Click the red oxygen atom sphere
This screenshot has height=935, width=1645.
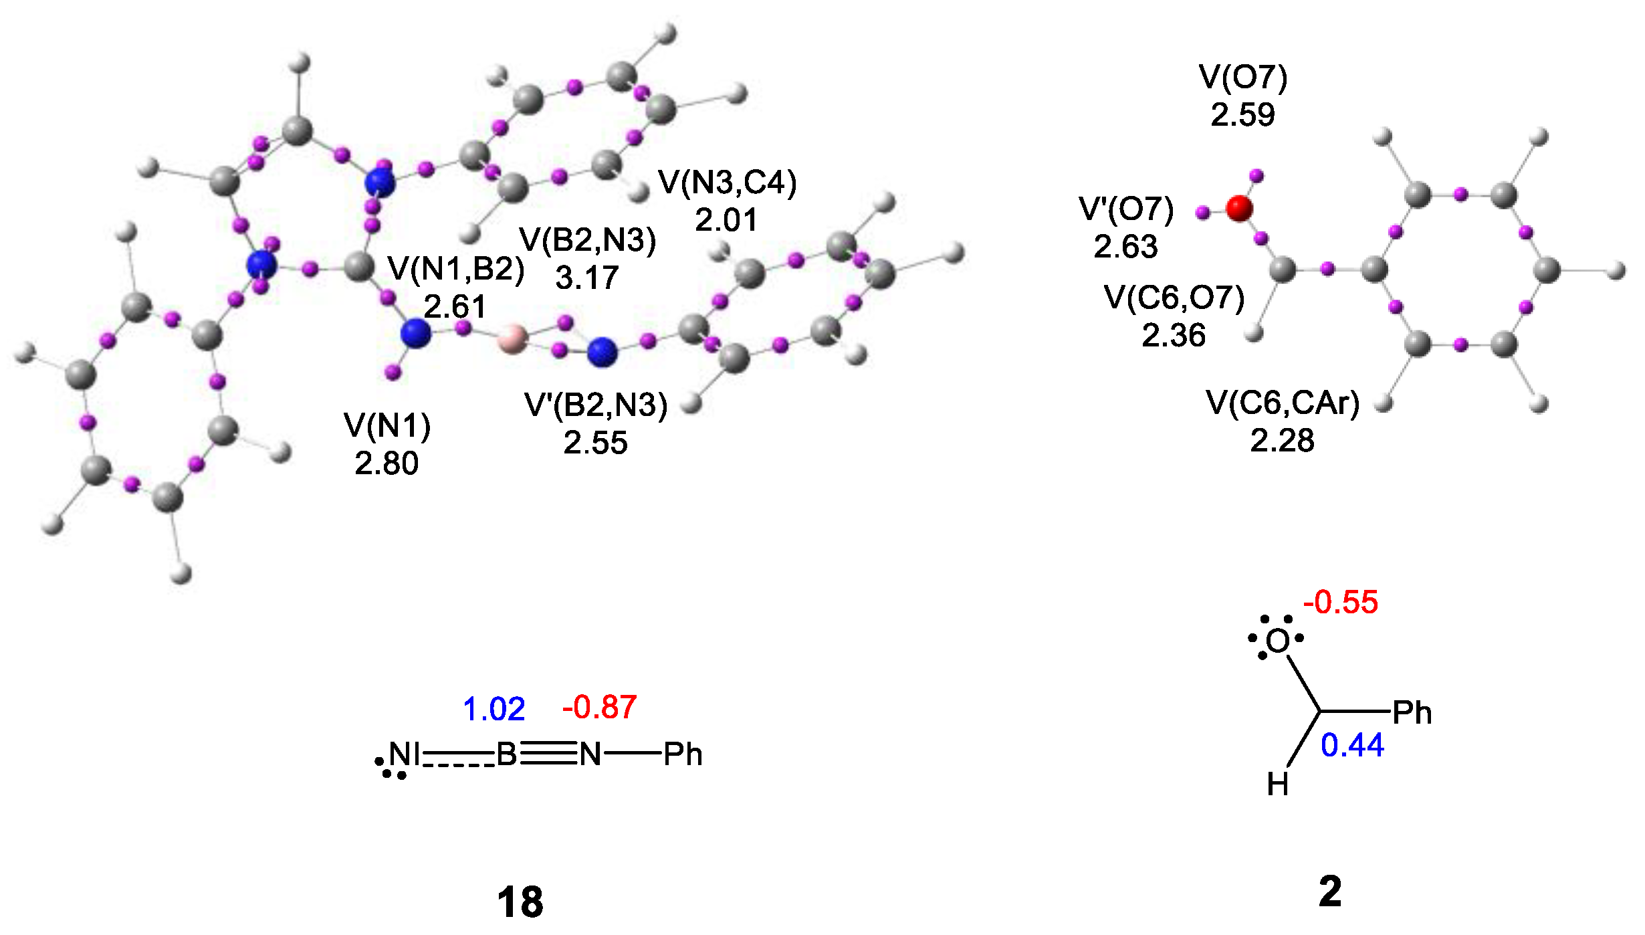tap(1239, 208)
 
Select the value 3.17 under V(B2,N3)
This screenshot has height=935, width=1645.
tap(587, 278)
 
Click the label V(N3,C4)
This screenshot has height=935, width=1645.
tap(728, 183)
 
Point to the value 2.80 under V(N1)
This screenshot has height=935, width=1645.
tap(387, 463)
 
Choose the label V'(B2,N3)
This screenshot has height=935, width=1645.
tap(596, 405)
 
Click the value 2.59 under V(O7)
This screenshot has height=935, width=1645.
tap(1242, 115)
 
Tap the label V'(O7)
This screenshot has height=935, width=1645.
tap(1126, 209)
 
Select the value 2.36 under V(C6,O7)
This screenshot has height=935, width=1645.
tap(1174, 335)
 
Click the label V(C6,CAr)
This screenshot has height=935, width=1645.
tap(1283, 403)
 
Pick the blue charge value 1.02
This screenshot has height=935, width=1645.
tap(493, 710)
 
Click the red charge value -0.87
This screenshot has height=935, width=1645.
tap(599, 708)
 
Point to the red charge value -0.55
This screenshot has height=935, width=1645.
tap(1340, 603)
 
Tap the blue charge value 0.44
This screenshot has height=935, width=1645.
tap(1352, 746)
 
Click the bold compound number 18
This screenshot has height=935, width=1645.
tap(520, 902)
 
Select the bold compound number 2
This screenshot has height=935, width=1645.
tap(1330, 892)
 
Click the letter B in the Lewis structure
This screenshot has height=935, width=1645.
tap(506, 755)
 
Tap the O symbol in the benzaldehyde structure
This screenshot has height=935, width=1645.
tap(1277, 641)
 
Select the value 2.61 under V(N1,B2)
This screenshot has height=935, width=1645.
tap(455, 307)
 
